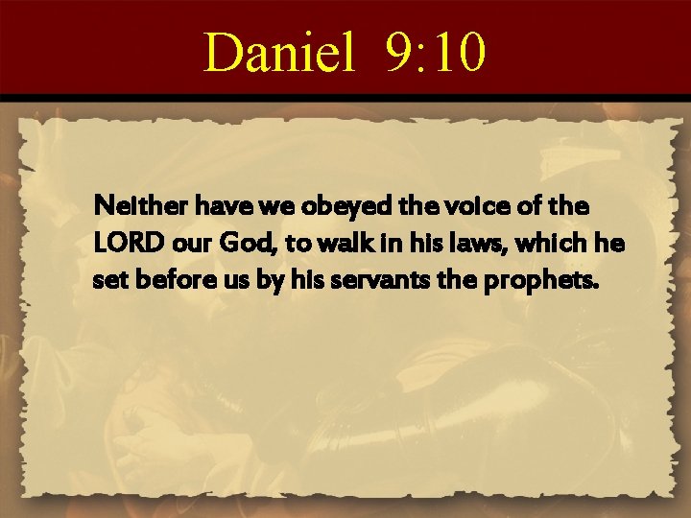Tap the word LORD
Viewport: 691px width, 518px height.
click(x=121, y=245)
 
